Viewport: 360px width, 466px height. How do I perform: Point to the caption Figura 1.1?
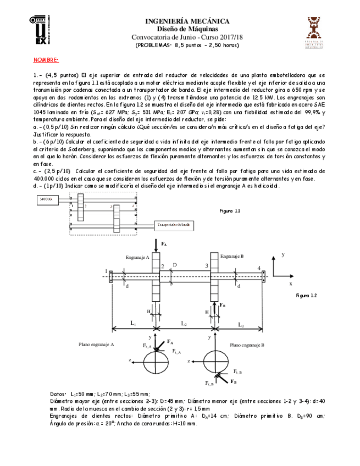230,210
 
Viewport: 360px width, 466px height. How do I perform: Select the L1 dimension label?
133,324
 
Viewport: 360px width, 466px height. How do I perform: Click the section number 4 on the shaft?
258,268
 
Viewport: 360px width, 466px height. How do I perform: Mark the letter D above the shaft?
174,265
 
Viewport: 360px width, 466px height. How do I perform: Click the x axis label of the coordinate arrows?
291,284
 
